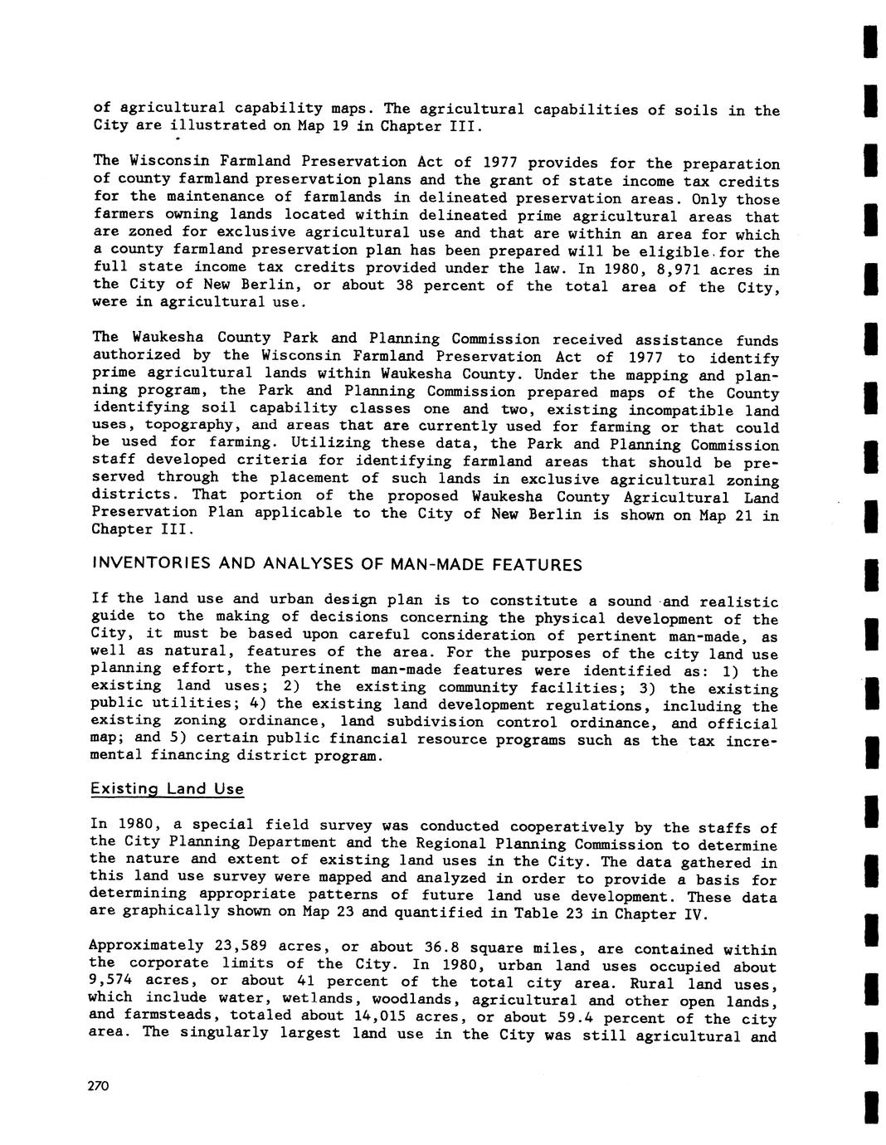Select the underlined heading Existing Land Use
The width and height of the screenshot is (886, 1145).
(x=168, y=788)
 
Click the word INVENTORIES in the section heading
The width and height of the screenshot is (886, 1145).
(x=141, y=565)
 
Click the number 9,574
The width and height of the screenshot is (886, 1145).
(x=114, y=982)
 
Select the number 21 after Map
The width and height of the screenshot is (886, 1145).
(x=733, y=515)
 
